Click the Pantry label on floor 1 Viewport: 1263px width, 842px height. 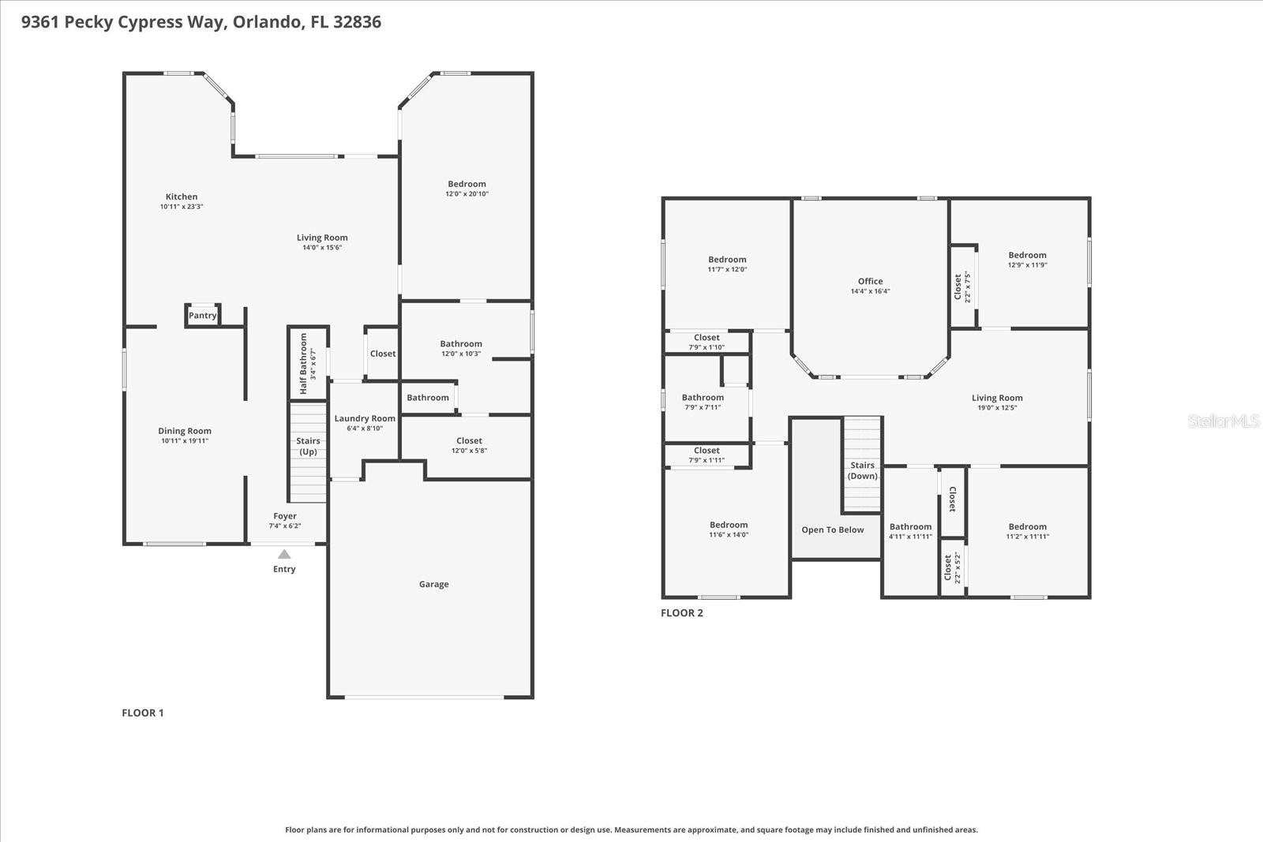click(x=202, y=316)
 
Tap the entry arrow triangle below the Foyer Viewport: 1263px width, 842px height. click(x=284, y=555)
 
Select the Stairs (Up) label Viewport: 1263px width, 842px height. click(x=308, y=447)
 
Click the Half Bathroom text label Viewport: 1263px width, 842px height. click(x=303, y=364)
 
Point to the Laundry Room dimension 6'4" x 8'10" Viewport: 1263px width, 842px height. click(x=365, y=428)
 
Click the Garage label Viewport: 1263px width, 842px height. click(x=433, y=585)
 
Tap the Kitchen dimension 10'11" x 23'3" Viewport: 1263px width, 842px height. click(x=182, y=207)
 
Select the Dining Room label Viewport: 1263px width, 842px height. click(x=185, y=431)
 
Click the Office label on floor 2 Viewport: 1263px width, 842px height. click(x=870, y=281)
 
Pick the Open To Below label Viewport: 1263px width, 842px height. click(x=832, y=530)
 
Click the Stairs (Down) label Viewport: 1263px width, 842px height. click(x=862, y=471)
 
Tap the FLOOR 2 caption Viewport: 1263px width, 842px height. click(x=681, y=613)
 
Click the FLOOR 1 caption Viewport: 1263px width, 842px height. click(x=142, y=713)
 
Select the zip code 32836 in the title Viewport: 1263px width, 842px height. click(x=357, y=22)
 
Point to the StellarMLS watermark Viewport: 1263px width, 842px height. click(x=1223, y=421)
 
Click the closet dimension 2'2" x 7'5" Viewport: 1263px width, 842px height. click(x=967, y=287)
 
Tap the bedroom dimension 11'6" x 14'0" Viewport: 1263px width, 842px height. click(x=728, y=535)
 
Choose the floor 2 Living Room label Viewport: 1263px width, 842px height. click(x=997, y=398)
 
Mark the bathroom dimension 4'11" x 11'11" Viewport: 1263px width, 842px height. click(x=910, y=537)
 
